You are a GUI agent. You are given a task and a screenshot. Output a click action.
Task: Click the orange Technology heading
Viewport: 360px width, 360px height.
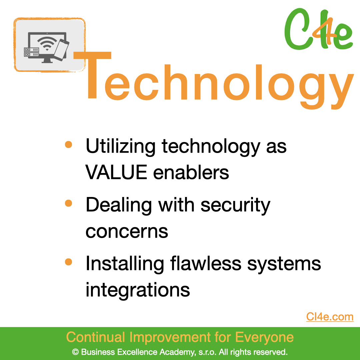[x=214, y=80]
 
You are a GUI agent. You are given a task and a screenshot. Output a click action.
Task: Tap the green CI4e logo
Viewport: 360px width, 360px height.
[x=319, y=29]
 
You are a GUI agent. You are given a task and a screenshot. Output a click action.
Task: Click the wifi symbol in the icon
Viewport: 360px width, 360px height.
[x=47, y=43]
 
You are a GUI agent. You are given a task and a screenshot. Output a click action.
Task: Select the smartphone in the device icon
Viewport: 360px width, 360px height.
[x=61, y=50]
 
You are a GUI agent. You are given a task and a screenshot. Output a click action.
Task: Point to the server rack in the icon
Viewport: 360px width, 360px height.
[x=31, y=52]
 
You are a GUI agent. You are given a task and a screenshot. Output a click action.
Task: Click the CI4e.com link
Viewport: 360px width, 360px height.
[x=330, y=317]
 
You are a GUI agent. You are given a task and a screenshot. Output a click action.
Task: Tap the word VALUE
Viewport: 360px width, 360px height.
[x=116, y=172]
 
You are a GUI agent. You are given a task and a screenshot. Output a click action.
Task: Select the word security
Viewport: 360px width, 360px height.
[x=235, y=205]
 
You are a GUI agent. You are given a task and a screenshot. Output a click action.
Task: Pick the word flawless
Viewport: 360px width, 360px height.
[x=206, y=264]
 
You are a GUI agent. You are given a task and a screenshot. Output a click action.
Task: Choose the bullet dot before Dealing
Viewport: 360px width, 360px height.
[x=68, y=203]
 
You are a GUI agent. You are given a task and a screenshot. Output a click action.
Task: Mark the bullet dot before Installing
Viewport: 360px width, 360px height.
[x=68, y=262]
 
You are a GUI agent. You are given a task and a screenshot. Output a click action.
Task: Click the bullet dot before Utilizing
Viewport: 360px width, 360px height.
[x=68, y=144]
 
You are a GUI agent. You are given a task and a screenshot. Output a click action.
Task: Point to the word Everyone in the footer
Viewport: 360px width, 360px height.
[x=264, y=337]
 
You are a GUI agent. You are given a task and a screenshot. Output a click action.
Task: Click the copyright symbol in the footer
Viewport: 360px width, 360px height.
[x=75, y=352]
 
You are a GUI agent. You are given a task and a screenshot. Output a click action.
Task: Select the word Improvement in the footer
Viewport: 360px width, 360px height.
[x=170, y=337]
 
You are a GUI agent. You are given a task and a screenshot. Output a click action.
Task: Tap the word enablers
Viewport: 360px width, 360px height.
[x=191, y=173]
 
